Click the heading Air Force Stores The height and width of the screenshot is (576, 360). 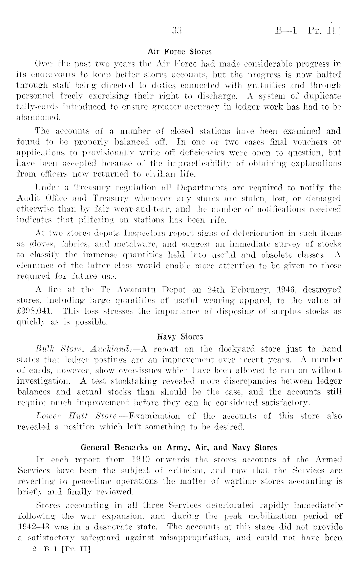coord(179,52)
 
